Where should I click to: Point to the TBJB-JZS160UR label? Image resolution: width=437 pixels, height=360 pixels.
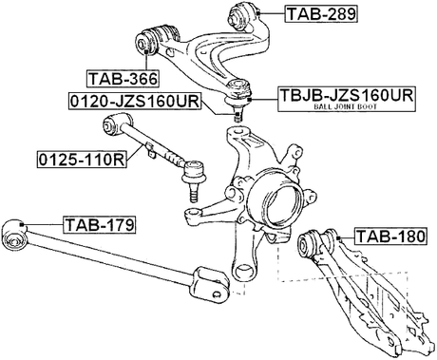[x=346, y=96]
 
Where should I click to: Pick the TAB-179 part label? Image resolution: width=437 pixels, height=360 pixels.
[x=99, y=225]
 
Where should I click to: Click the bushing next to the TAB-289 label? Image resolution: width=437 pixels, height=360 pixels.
[x=243, y=13]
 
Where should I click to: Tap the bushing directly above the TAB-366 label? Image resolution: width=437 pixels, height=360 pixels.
[x=150, y=41]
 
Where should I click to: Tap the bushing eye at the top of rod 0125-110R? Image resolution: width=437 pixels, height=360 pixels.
[x=120, y=123]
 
